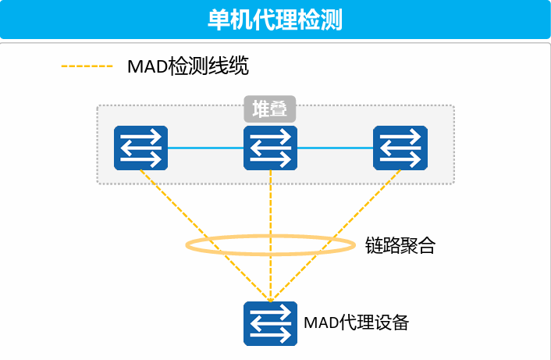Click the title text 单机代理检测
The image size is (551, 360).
click(x=275, y=20)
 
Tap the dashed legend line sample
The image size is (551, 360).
click(x=87, y=66)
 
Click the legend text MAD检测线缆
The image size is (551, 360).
click(x=188, y=66)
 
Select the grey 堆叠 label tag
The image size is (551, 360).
click(x=270, y=109)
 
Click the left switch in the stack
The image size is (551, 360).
click(x=141, y=148)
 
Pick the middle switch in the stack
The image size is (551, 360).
click(x=270, y=148)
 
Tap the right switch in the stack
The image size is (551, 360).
click(x=400, y=148)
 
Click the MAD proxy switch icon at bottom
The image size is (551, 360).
click(x=270, y=323)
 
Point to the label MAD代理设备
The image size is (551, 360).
click(x=356, y=323)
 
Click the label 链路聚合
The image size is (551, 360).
click(x=400, y=246)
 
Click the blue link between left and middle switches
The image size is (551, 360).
click(x=205, y=148)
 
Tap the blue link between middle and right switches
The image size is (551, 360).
click(x=335, y=148)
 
